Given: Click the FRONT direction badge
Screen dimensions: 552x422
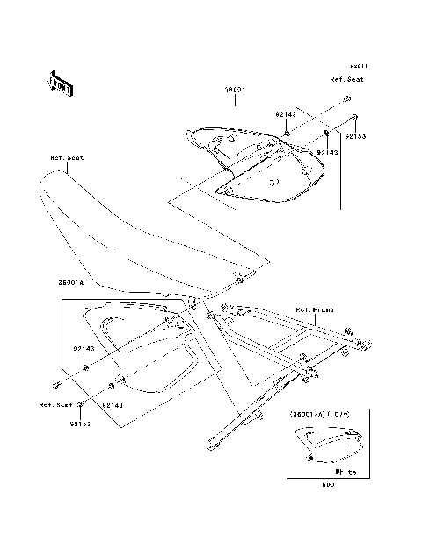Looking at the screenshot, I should coord(60,83).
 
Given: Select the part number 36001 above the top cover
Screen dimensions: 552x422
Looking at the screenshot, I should coord(234,91).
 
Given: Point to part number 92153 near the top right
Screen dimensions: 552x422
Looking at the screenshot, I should coord(355,137).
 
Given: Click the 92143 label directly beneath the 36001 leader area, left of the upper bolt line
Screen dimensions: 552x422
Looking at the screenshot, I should coord(287,113).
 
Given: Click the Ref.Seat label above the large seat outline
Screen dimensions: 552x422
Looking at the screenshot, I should coord(66,158).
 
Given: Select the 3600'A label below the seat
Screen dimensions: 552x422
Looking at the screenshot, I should coord(70,283).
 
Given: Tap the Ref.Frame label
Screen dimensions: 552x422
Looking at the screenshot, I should coord(313,309).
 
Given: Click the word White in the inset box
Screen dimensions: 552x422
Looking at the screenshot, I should coord(346,472).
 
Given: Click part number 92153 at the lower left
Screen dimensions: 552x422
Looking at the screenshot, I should coord(81,423).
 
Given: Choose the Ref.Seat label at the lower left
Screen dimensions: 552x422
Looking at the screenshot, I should coord(55,405).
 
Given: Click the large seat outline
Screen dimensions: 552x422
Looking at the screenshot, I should coord(132,237).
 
